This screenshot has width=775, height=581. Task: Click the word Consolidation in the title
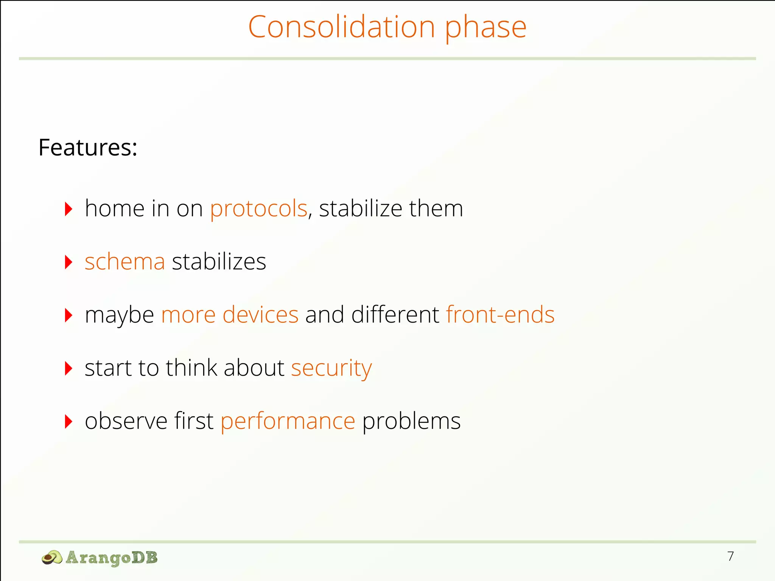coord(341,27)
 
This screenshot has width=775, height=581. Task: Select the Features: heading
coord(88,147)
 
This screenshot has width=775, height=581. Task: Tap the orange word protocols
coord(259,209)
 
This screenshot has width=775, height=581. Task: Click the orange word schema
coord(125,262)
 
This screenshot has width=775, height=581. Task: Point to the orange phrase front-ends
coord(500,315)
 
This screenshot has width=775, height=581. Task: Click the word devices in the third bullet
coord(260,315)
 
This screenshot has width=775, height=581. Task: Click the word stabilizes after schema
coord(219,262)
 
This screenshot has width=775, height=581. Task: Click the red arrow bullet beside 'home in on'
coord(68,209)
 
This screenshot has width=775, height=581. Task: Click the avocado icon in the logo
coord(52,558)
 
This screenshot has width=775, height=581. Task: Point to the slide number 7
coord(730,556)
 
